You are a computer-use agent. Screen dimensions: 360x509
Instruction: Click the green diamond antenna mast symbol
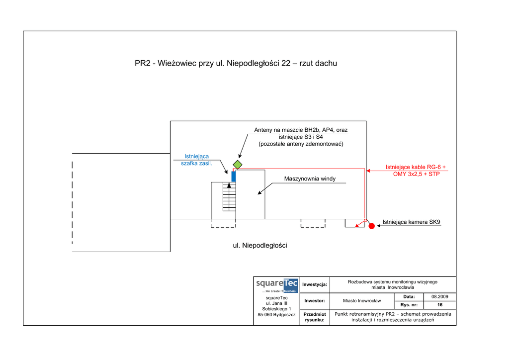tap(238, 165)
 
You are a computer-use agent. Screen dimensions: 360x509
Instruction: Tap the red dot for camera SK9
tap(371, 226)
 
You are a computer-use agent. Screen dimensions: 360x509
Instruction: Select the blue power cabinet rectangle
tap(234, 176)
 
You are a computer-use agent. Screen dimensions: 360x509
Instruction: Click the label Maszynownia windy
tap(310, 179)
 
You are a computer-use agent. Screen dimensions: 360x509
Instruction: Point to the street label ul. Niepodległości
tap(260, 246)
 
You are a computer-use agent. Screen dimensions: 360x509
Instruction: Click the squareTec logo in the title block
tap(276, 285)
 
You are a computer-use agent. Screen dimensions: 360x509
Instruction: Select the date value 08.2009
tap(440, 296)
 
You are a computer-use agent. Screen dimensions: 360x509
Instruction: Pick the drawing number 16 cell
tap(440, 305)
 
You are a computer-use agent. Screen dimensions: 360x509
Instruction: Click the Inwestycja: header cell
tap(315, 284)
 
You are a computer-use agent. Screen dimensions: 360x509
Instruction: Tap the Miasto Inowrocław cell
tap(362, 301)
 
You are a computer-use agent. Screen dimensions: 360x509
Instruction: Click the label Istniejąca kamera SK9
tap(411, 222)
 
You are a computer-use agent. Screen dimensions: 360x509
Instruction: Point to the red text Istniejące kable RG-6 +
tap(416, 167)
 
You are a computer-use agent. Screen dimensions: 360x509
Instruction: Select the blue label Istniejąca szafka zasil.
tap(196, 160)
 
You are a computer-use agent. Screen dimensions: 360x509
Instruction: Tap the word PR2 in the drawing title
tap(143, 63)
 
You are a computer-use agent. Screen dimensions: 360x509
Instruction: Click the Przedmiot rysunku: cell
tap(315, 317)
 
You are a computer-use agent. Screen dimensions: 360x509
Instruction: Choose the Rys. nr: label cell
tap(409, 305)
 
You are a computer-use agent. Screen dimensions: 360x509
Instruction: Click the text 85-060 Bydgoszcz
tap(276, 315)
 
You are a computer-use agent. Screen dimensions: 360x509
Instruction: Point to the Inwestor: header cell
tap(315, 301)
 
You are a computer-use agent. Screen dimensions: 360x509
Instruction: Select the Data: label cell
tap(409, 296)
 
